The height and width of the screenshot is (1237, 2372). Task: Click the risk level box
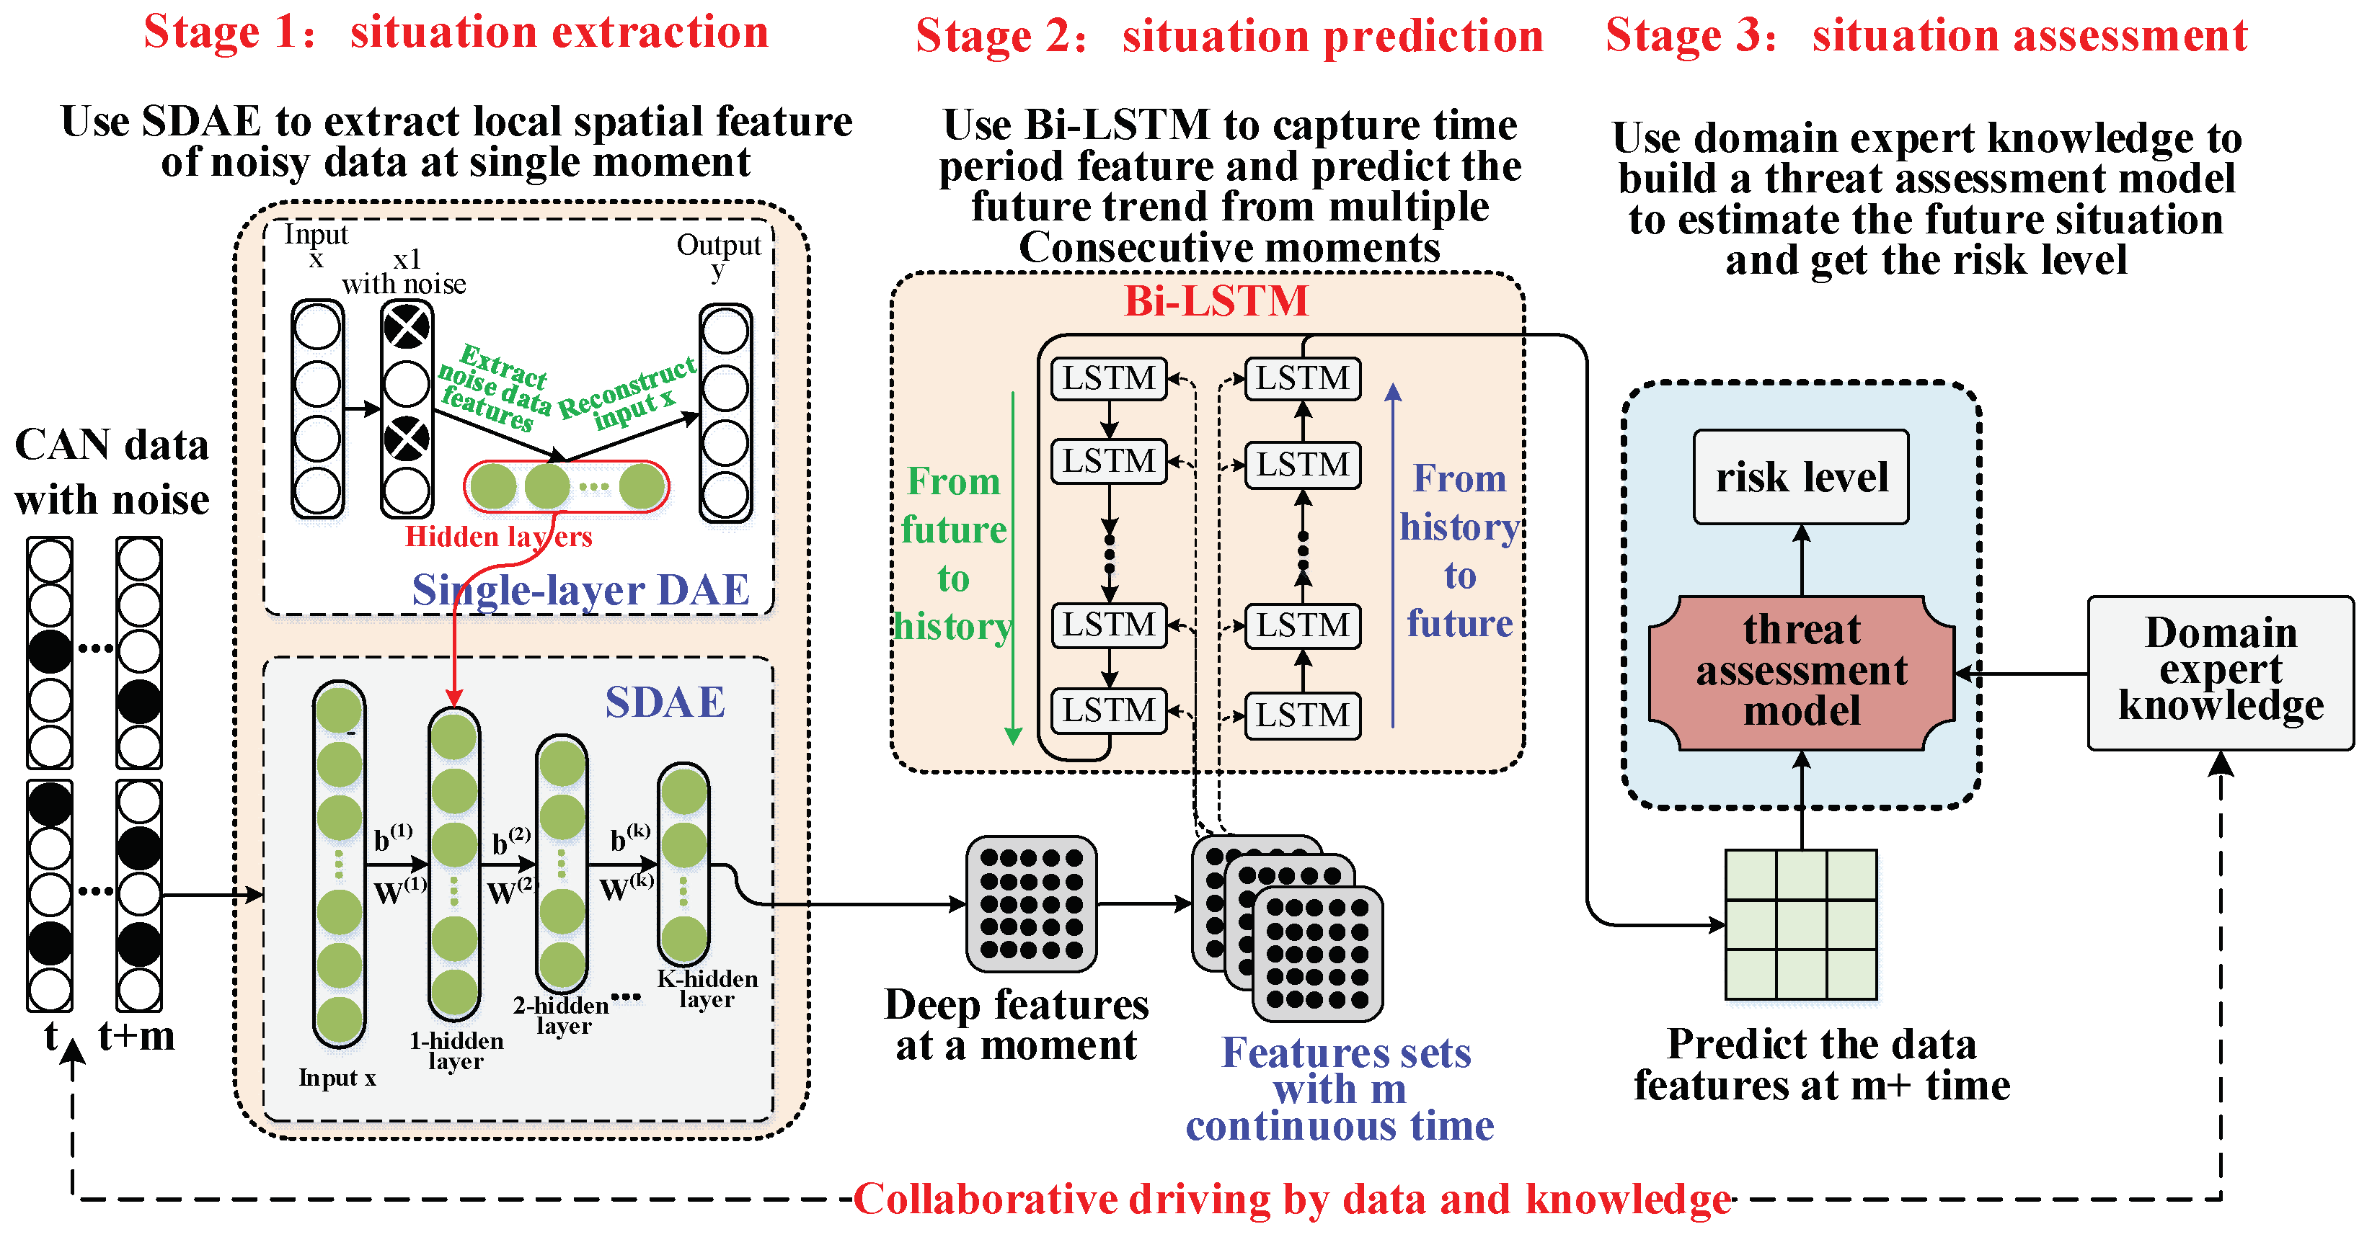tap(1800, 477)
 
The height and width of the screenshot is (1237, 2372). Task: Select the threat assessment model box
tap(1800, 672)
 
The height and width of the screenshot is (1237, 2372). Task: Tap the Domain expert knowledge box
tap(2219, 672)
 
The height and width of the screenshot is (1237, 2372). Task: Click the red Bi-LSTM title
tap(1216, 301)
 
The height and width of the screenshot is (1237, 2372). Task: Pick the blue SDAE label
tap(665, 702)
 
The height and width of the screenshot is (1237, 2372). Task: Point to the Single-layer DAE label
tap(580, 590)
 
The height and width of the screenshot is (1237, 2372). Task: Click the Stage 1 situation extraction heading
tap(456, 32)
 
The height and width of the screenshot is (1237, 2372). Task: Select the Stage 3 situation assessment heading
tap(1926, 36)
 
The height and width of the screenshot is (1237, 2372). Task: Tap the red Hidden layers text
tap(498, 537)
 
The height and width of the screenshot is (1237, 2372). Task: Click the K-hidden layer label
tap(707, 989)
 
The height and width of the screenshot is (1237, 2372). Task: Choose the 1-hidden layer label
tap(456, 1050)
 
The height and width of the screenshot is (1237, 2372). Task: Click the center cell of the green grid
tap(1801, 924)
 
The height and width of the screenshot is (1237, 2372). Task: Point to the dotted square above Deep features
tap(1030, 904)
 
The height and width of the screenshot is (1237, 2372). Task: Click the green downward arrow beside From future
tap(1013, 571)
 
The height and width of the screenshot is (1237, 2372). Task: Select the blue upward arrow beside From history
tap(1393, 553)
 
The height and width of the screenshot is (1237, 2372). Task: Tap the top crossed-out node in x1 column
tap(406, 327)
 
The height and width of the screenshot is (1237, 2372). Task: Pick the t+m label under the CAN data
tap(136, 1036)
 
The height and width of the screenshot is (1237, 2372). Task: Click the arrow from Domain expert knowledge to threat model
tap(2021, 674)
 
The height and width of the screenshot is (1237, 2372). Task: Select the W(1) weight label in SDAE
tap(399, 891)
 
